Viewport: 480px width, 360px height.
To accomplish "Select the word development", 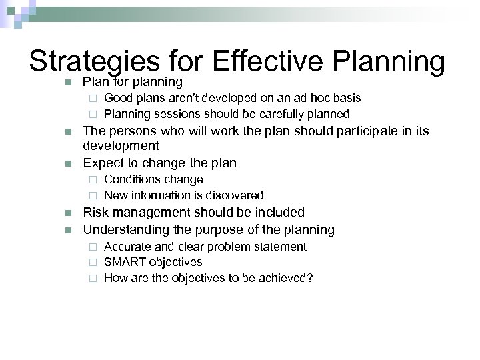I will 121,145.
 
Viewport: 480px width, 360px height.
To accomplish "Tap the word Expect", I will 102,163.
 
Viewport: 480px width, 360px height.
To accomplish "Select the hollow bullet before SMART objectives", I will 93,263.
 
